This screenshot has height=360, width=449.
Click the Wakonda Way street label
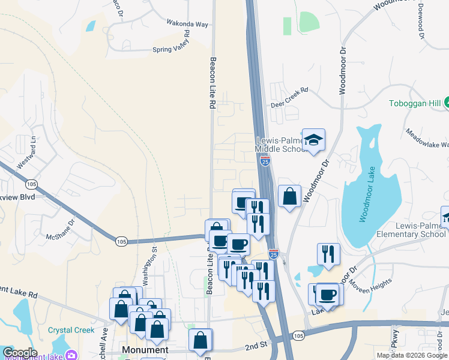click(x=187, y=25)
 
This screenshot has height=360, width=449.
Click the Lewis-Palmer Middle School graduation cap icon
click(x=313, y=140)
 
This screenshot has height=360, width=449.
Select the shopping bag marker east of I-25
click(x=289, y=196)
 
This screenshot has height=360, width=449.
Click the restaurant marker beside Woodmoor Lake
click(x=328, y=254)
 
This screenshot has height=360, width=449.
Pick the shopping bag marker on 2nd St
click(x=200, y=340)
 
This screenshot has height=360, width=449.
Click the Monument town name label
click(x=145, y=349)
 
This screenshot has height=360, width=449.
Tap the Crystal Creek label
click(x=71, y=330)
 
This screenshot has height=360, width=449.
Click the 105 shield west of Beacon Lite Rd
click(x=122, y=241)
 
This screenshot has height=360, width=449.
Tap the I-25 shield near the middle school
click(x=265, y=160)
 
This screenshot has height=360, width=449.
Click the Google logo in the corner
click(x=20, y=353)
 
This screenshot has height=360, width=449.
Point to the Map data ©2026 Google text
click(x=411, y=355)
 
